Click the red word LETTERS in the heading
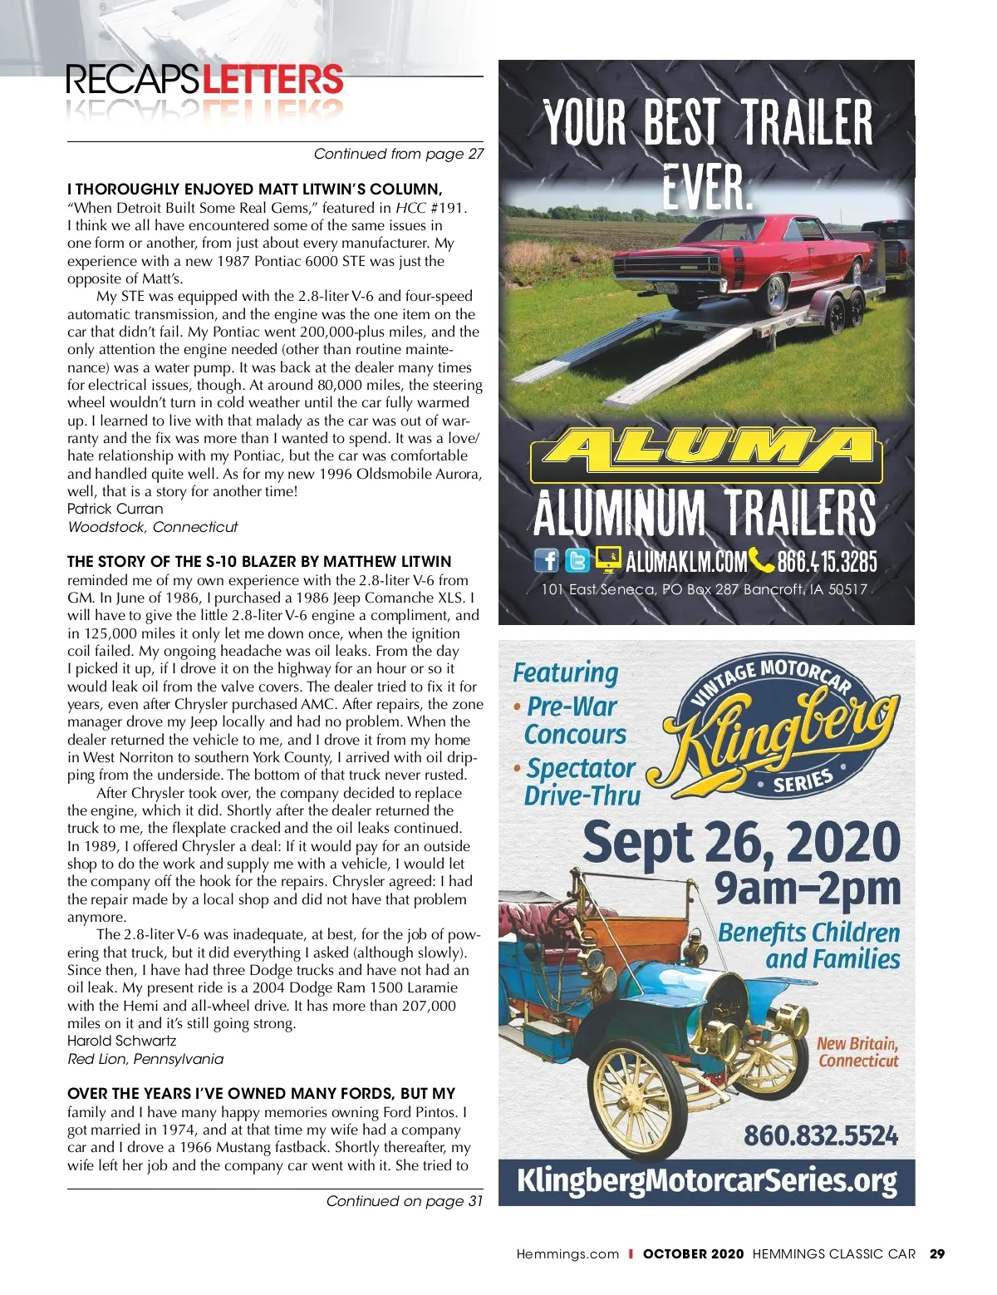pyautogui.click(x=273, y=80)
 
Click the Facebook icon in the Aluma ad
pyautogui.click(x=547, y=560)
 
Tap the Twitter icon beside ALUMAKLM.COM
pyautogui.click(x=577, y=560)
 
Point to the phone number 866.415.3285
pyautogui.click(x=826, y=562)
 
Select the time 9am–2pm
pyautogui.click(x=808, y=889)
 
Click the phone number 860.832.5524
pyautogui.click(x=820, y=1135)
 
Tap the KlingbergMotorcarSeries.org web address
pyautogui.click(x=706, y=1181)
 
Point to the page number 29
pyautogui.click(x=937, y=1254)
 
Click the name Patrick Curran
pyautogui.click(x=115, y=509)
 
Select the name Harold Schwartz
pyautogui.click(x=121, y=1041)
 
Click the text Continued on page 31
pyautogui.click(x=404, y=1201)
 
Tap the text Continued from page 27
pyautogui.click(x=398, y=154)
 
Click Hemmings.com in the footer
pyautogui.click(x=567, y=1254)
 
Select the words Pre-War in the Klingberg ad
pyautogui.click(x=572, y=707)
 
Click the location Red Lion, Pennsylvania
pyautogui.click(x=145, y=1059)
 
